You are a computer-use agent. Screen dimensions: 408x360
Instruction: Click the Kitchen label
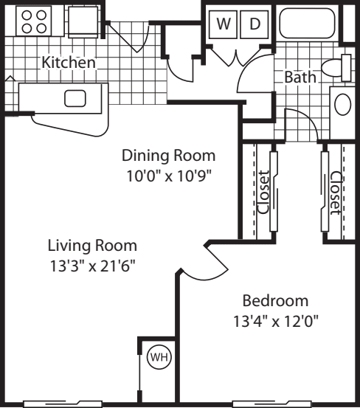pyautogui.click(x=68, y=63)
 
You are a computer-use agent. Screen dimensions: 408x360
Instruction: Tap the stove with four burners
pyautogui.click(x=34, y=20)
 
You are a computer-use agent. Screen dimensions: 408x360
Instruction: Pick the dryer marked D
pyautogui.click(x=255, y=24)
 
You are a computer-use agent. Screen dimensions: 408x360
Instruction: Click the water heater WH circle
pyautogui.click(x=159, y=359)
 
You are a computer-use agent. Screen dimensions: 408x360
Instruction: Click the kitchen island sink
pyautogui.click(x=76, y=98)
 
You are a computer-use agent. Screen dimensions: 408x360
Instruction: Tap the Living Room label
pyautogui.click(x=92, y=245)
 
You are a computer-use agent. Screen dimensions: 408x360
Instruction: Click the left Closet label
pyautogui.click(x=263, y=193)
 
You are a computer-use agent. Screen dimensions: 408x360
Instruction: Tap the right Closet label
pyautogui.click(x=336, y=193)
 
